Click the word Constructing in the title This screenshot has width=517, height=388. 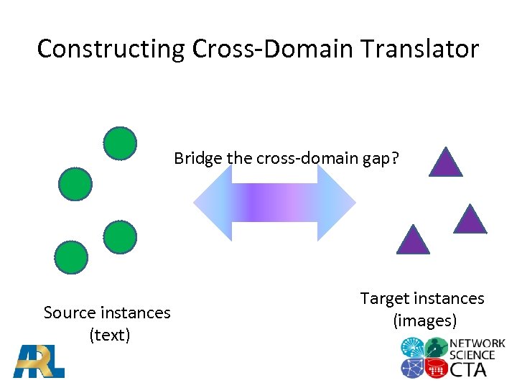point(111,49)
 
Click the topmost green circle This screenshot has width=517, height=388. point(120,142)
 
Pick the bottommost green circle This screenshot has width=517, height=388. point(71,258)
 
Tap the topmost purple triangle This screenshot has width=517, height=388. point(446,162)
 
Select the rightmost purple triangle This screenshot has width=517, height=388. point(470,219)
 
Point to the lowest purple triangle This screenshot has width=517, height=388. point(413,239)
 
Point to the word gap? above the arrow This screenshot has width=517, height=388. point(380,158)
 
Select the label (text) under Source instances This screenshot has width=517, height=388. point(109,334)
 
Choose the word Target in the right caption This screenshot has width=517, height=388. point(385,298)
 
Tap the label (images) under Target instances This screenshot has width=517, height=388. point(425,320)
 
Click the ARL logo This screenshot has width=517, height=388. point(39,361)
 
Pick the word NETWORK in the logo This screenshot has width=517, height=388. point(478,344)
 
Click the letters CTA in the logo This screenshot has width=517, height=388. point(468,369)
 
